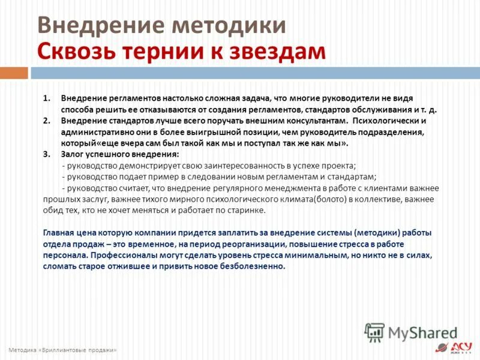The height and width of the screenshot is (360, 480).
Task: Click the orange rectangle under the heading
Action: (14, 73)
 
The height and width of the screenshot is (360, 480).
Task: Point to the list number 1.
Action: (47, 98)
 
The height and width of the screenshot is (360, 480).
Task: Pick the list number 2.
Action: (47, 121)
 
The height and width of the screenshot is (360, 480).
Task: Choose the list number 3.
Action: (47, 154)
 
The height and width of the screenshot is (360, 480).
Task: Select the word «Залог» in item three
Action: (73, 154)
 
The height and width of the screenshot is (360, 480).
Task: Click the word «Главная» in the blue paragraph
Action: (59, 233)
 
